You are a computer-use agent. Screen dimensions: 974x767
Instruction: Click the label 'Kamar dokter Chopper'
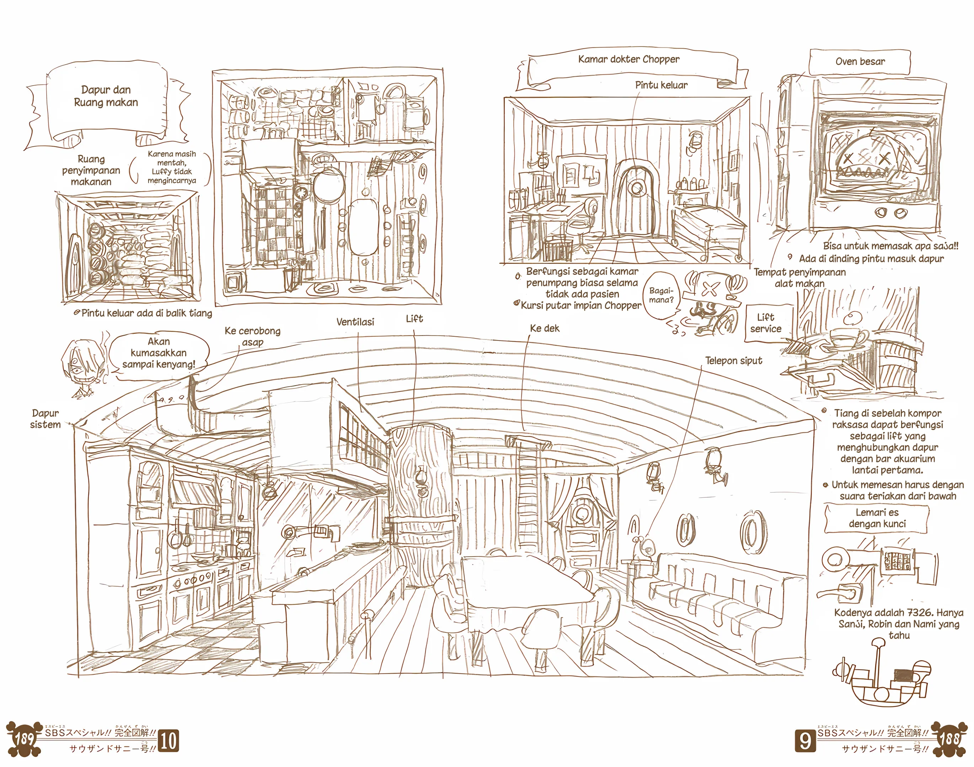(628, 59)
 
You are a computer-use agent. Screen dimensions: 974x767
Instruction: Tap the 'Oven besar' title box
(860, 62)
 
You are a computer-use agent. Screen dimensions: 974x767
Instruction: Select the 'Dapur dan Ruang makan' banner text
(106, 96)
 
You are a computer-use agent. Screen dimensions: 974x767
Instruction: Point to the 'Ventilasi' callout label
(355, 322)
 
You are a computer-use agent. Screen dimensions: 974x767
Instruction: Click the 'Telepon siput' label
(734, 361)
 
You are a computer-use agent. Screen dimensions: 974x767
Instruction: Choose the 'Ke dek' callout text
(545, 328)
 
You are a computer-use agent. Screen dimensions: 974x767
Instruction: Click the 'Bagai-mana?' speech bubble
(661, 295)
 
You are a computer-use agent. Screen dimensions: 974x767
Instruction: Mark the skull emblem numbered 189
(23, 739)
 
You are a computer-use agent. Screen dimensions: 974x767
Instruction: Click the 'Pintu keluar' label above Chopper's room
(661, 85)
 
